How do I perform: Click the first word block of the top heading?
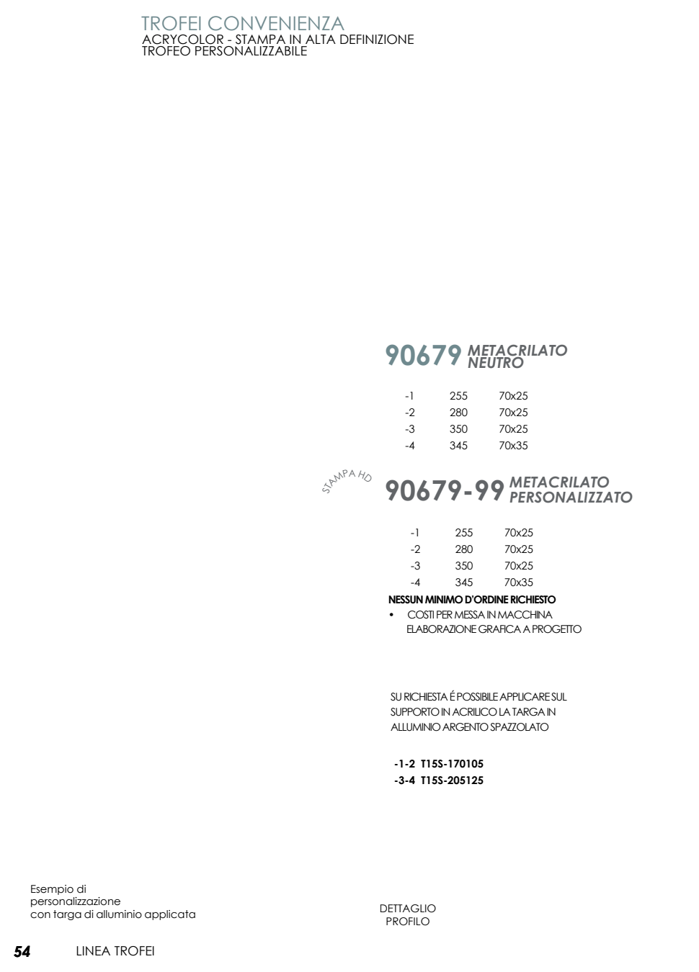tap(170, 24)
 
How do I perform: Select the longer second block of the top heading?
tap(276, 24)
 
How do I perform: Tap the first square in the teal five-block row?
tap(393, 355)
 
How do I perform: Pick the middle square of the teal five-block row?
tap(424, 355)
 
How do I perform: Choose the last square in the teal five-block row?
tap(455, 355)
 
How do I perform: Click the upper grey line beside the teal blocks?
tap(517, 350)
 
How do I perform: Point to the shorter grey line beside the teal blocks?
tap(495, 363)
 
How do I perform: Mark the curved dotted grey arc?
tap(347, 478)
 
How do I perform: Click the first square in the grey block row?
tap(393, 490)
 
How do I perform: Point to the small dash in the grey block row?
tap(468, 493)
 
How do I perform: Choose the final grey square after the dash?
tap(498, 490)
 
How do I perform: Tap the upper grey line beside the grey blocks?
tap(558, 482)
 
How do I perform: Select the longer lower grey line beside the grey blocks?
tap(570, 497)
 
